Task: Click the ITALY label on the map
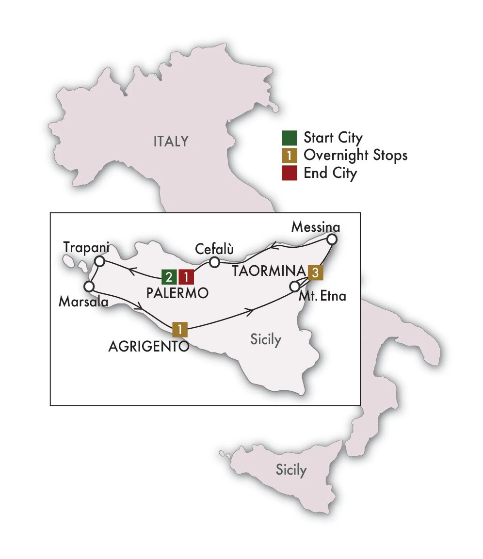[x=171, y=142]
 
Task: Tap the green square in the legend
[x=289, y=138]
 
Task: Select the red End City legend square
[x=289, y=174]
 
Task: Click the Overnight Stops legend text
[x=355, y=156]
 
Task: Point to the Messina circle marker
[x=332, y=239]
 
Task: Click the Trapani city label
[x=84, y=247]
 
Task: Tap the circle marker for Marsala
[x=89, y=286]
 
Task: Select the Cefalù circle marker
[x=214, y=263]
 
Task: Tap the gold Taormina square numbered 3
[x=315, y=272]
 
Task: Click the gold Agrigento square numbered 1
[x=180, y=330]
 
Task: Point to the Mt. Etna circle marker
[x=294, y=287]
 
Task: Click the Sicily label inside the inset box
[x=265, y=339]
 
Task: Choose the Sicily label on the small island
[x=291, y=469]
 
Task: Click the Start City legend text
[x=333, y=138]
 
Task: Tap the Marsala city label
[x=82, y=302]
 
